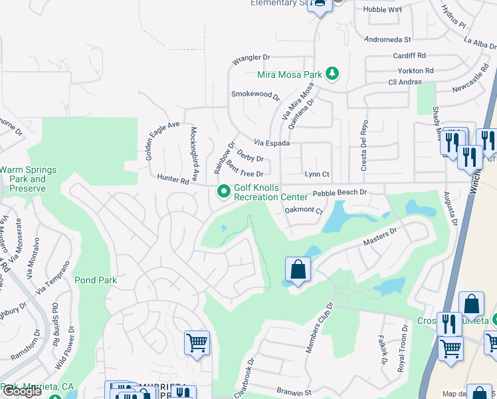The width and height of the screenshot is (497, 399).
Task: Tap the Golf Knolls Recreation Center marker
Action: point(224,192)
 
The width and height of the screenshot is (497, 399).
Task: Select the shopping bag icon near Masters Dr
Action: point(297,270)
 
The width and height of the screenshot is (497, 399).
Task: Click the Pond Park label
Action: point(96,281)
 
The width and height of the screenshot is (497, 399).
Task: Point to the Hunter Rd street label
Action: point(174,179)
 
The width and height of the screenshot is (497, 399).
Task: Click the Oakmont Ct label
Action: point(303,211)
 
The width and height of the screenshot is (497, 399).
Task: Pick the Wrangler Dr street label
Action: point(252,61)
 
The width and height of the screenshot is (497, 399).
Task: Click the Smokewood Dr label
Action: point(255,95)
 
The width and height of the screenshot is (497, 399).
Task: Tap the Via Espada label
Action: point(272,143)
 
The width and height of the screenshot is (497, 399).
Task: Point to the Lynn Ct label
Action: point(317,174)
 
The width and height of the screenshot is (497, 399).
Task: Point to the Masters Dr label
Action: point(383,235)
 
